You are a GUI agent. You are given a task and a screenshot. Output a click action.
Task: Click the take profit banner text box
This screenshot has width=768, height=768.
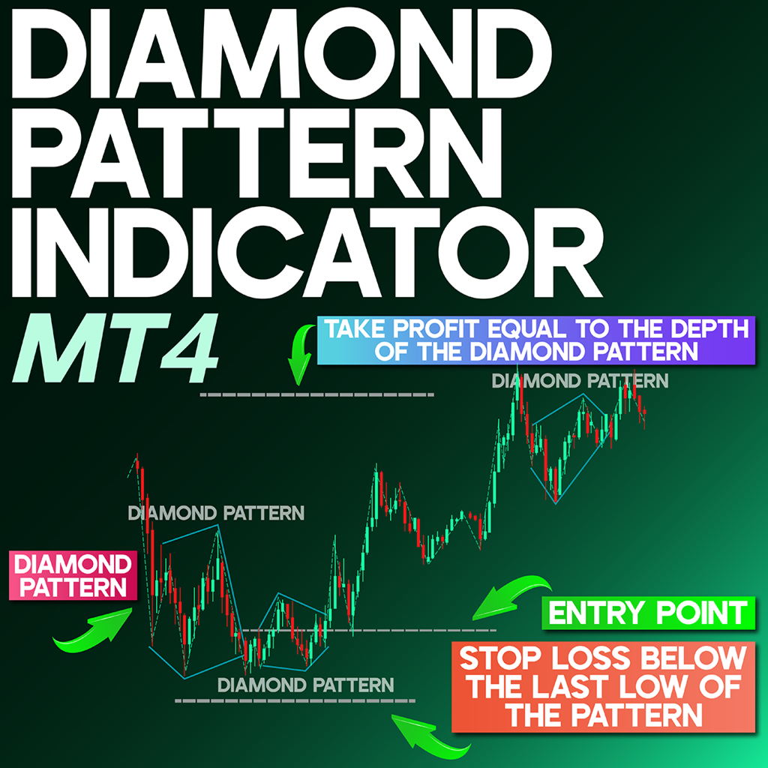coord(535,340)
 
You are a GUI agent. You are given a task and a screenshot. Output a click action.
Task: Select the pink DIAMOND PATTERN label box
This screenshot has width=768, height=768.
coord(71,576)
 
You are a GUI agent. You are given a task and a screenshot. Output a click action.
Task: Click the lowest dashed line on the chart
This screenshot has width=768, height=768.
coord(295,700)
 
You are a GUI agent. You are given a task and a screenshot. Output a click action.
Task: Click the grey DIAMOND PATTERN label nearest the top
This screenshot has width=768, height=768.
coord(579,381)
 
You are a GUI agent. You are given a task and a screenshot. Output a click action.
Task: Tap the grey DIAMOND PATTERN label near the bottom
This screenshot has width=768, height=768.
coord(304,684)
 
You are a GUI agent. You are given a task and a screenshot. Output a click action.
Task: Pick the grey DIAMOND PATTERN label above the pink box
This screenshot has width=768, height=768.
coord(216,514)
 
